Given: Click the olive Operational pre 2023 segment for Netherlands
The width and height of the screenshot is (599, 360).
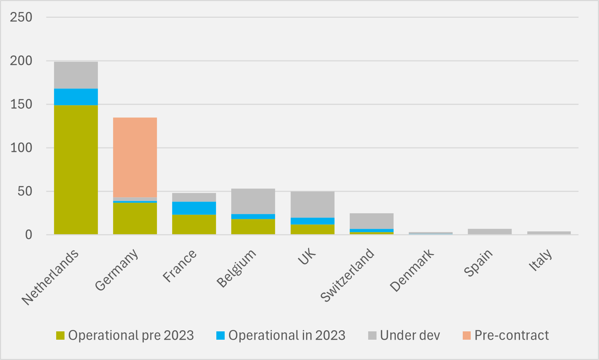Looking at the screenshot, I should (x=76, y=169).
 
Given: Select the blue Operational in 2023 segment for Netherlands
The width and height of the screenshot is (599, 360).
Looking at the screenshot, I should (x=76, y=97).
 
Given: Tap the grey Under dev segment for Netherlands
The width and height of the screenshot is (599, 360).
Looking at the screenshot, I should (x=76, y=75).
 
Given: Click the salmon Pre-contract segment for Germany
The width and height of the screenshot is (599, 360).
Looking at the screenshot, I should (x=135, y=157).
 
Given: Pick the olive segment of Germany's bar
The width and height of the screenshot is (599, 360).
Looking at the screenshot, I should (x=135, y=218).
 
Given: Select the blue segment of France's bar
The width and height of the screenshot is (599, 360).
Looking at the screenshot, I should (x=194, y=208).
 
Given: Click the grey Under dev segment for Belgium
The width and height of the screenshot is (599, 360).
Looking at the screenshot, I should (x=253, y=201).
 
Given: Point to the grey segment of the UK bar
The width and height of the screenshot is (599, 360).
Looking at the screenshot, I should (x=312, y=204).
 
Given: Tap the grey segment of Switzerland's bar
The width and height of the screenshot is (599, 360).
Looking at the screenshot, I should (x=371, y=221).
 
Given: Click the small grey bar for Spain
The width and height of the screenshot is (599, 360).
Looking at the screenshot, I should (x=490, y=232).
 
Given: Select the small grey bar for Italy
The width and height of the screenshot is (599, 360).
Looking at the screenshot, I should (x=549, y=233).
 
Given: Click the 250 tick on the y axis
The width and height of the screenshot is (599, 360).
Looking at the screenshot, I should (x=21, y=17).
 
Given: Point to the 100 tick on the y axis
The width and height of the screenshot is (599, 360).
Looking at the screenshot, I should (x=21, y=148).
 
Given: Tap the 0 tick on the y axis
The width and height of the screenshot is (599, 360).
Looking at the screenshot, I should (x=28, y=235).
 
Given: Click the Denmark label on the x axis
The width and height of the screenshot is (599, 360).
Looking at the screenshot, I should (x=412, y=270).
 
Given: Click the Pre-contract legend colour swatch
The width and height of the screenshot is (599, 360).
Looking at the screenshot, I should (x=466, y=335).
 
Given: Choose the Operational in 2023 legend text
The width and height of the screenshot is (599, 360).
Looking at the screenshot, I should (x=287, y=335).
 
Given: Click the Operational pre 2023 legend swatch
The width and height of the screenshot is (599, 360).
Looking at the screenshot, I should (x=60, y=335).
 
